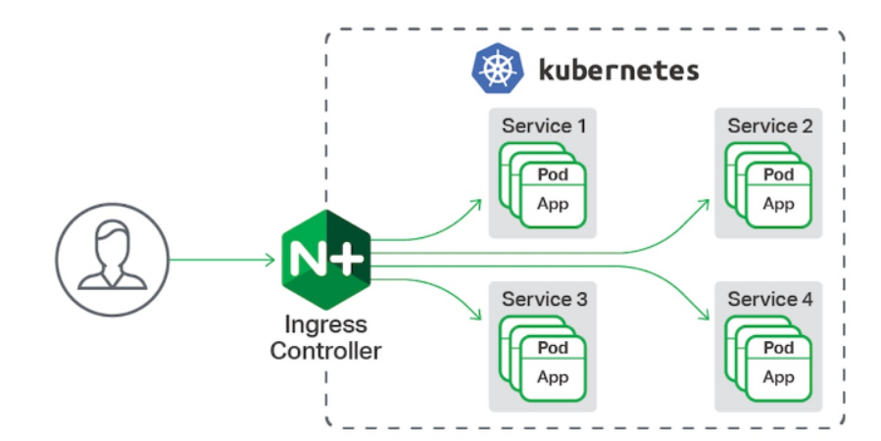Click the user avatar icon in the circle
113,260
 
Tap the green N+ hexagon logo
326,260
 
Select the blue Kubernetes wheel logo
497,69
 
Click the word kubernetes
618,71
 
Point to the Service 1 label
543,125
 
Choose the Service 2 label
769,125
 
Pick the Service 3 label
544,299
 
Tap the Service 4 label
769,299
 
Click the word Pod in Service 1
553,174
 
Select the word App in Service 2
778,204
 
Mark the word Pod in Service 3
553,348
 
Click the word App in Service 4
778,377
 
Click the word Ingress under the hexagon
326,324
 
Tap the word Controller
326,351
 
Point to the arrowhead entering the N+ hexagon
269,260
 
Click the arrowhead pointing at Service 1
476,205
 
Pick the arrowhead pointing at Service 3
476,315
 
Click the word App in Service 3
553,377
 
